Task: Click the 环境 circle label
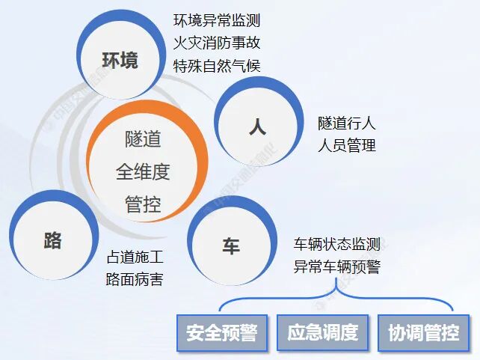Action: tap(120, 61)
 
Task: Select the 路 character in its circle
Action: tap(52, 241)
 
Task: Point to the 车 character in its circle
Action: tap(230, 245)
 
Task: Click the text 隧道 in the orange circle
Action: tap(143, 139)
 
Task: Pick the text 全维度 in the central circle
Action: tap(143, 171)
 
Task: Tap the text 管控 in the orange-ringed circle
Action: tap(143, 204)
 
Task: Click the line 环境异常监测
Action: tap(217, 21)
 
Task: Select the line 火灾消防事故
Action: tap(217, 43)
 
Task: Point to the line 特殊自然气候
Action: tap(217, 65)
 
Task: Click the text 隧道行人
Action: tap(346, 123)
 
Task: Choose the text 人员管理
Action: tap(346, 144)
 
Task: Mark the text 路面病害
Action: tap(135, 280)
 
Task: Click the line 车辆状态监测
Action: tap(337, 244)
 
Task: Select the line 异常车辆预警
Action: tap(337, 266)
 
